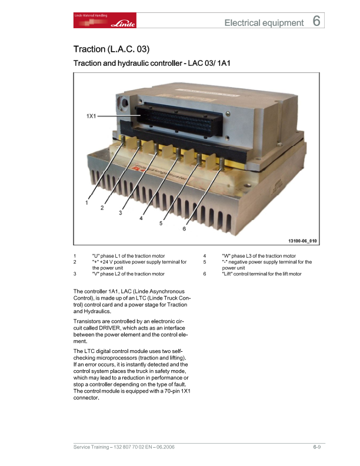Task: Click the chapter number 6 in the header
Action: (316, 22)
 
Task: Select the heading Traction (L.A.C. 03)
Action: (107, 49)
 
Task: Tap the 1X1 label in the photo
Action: (91, 117)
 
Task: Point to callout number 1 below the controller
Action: (86, 202)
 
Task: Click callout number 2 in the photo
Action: (102, 208)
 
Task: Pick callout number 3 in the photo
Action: (120, 213)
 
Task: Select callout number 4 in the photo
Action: (141, 218)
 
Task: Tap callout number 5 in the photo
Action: (161, 224)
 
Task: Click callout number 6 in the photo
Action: (184, 229)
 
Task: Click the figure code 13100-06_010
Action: (302, 240)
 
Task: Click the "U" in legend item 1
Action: (96, 256)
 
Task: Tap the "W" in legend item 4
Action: (226, 256)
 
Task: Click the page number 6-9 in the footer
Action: (316, 448)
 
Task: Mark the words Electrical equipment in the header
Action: (264, 23)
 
